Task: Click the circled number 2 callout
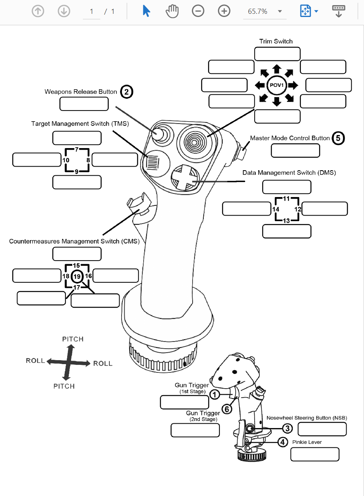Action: coord(126,92)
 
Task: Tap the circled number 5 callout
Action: coord(338,138)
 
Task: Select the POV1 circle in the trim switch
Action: coord(276,85)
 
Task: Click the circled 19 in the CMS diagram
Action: coord(77,276)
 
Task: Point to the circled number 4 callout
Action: coord(282,442)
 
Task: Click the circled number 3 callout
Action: coord(287,428)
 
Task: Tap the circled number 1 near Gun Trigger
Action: coord(214,394)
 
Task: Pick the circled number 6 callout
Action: coord(227,409)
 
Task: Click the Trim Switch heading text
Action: coord(276,41)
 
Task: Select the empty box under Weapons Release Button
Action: coord(84,104)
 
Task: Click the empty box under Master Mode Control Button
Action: coord(295,150)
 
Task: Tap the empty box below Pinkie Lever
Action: coord(315,454)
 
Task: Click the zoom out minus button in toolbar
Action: coord(198,11)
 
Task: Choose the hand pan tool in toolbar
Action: coord(172,11)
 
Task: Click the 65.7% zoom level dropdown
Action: coord(265,11)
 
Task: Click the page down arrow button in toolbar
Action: coord(64,11)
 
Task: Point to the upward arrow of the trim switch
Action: coord(276,69)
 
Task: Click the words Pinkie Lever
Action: coord(307,442)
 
